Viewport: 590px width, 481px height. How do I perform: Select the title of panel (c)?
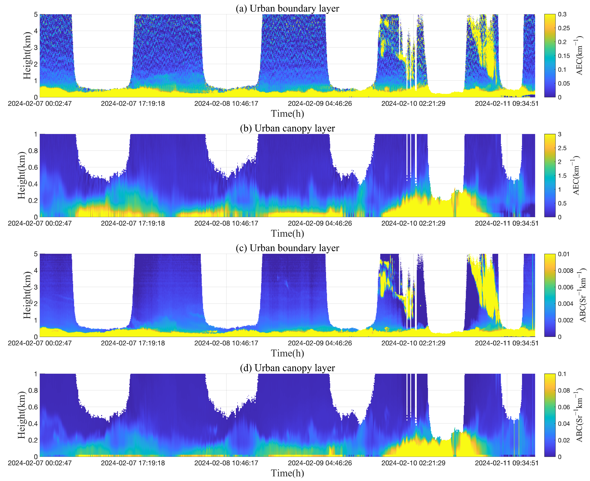287,248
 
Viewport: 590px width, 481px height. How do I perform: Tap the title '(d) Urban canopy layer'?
287,368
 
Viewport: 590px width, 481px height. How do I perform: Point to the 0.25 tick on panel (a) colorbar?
564,28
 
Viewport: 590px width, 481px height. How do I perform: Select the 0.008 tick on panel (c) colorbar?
565,270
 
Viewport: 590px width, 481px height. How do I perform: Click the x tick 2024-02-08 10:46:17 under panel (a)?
226,104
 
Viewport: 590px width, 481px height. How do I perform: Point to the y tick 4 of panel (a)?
36,31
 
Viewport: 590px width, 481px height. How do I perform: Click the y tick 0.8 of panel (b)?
33,151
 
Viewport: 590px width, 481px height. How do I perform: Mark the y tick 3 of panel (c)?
36,287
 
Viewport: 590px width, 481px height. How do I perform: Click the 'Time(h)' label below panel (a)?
287,114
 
